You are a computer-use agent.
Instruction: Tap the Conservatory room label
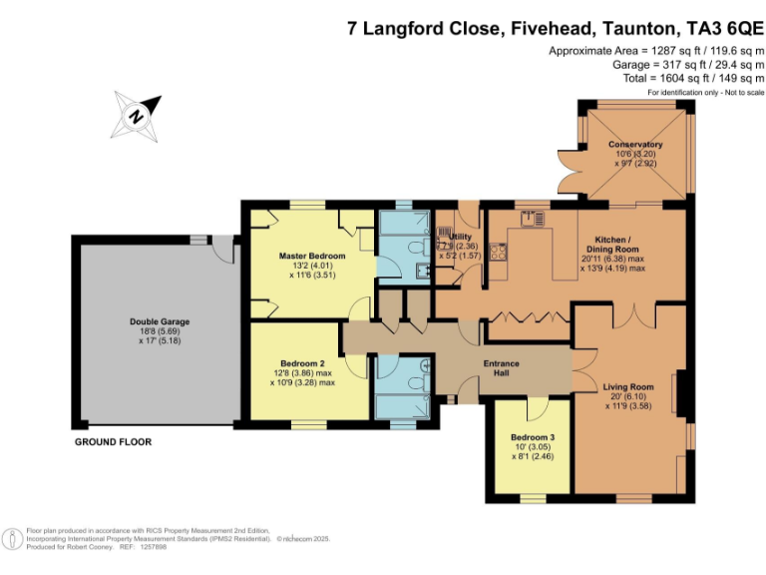point(635,145)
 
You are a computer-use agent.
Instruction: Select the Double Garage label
point(159,321)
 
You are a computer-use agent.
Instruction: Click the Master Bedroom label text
point(311,257)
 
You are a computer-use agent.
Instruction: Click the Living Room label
point(628,386)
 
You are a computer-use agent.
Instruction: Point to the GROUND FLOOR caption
point(114,441)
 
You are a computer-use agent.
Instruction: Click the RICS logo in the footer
point(13,539)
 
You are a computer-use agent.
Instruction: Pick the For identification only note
point(704,92)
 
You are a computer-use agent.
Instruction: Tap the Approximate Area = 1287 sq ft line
point(655,50)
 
